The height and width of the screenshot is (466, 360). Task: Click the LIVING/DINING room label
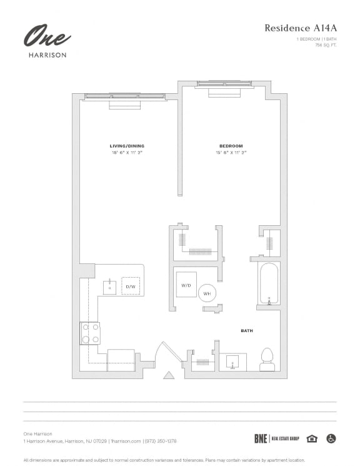click(127, 146)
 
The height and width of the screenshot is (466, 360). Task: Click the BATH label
click(247, 330)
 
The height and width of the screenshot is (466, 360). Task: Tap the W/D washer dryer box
click(186, 285)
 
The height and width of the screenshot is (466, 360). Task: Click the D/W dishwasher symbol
click(131, 286)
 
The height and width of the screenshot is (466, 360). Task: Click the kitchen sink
click(110, 286)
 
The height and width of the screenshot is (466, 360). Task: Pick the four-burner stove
click(90, 333)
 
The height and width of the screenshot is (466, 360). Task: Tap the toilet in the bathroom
click(267, 357)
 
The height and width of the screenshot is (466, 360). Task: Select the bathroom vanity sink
click(232, 362)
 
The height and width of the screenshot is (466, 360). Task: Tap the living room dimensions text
click(127, 152)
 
